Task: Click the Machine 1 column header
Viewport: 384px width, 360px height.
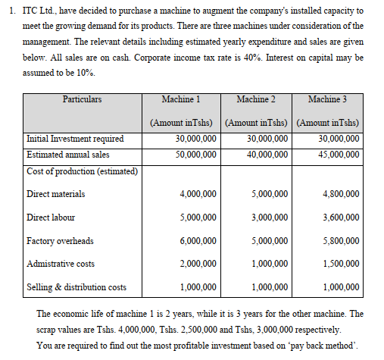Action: (x=180, y=99)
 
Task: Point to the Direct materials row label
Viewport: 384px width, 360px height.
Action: (x=55, y=194)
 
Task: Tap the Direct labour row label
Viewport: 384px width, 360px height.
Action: (x=51, y=218)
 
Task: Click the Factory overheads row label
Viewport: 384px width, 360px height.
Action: (x=60, y=241)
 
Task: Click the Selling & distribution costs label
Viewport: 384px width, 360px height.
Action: (x=76, y=287)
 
